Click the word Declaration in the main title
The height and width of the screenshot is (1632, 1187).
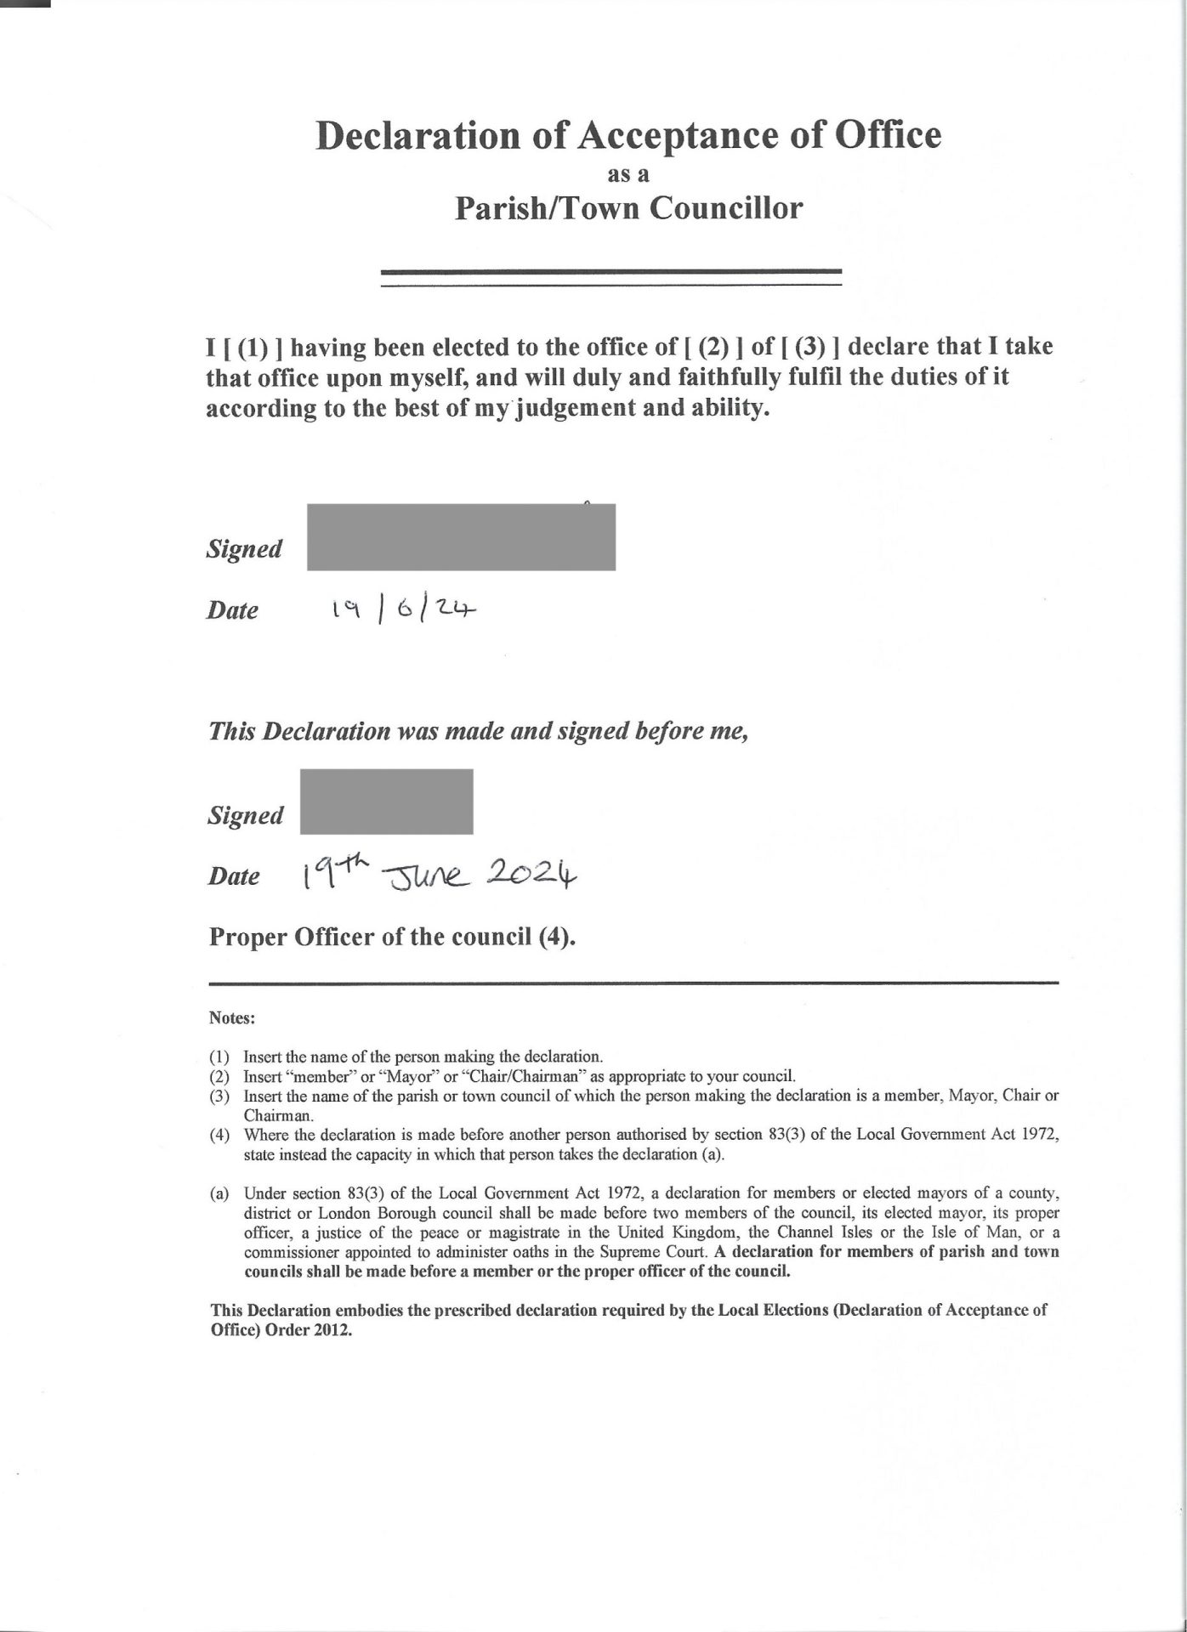(417, 136)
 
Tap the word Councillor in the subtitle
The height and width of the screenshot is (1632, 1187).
(726, 208)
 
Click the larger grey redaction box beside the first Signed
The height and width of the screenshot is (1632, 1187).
(461, 537)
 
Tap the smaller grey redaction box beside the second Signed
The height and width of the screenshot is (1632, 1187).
(387, 802)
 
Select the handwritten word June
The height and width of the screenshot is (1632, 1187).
(428, 875)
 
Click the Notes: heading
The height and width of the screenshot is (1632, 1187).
(232, 1017)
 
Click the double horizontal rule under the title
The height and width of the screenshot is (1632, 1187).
(611, 278)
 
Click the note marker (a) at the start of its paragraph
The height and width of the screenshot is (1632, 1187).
(219, 1193)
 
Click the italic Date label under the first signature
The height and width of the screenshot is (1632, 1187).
(232, 610)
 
